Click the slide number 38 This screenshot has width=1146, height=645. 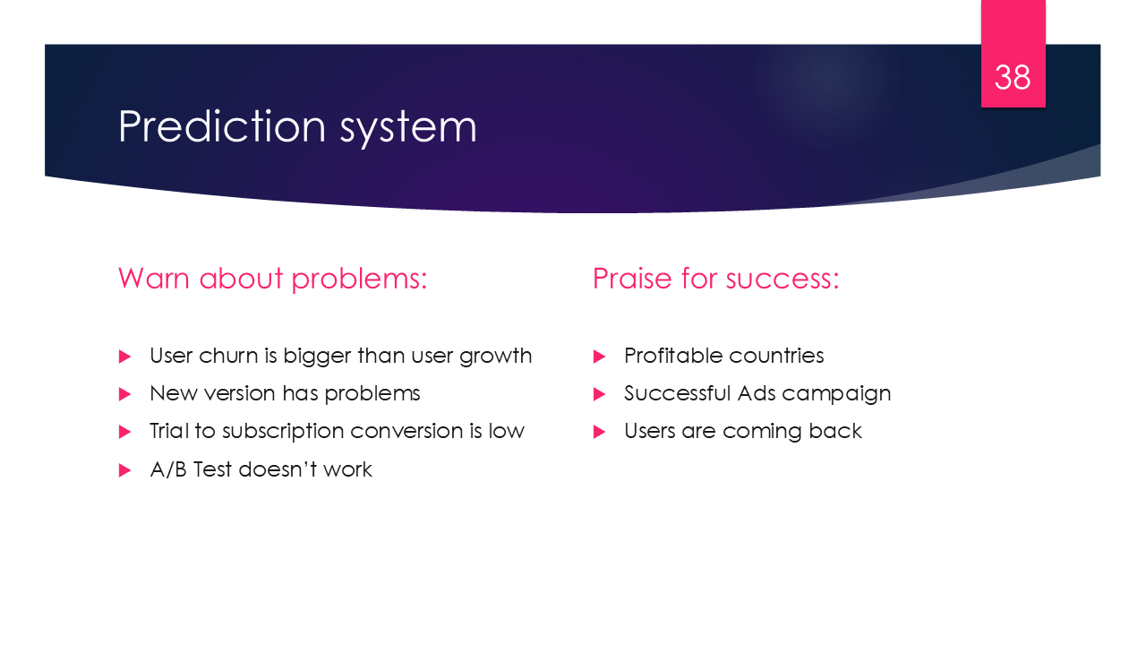(1013, 78)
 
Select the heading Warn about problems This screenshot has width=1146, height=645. (272, 279)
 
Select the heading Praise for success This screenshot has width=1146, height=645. (715, 279)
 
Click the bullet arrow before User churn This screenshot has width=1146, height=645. (124, 357)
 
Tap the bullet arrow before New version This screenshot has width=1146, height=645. (124, 394)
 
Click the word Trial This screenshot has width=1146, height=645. (169, 431)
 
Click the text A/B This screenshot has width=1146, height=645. (168, 469)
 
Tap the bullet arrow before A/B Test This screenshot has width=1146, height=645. (124, 470)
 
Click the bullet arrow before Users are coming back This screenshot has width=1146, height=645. (599, 432)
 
